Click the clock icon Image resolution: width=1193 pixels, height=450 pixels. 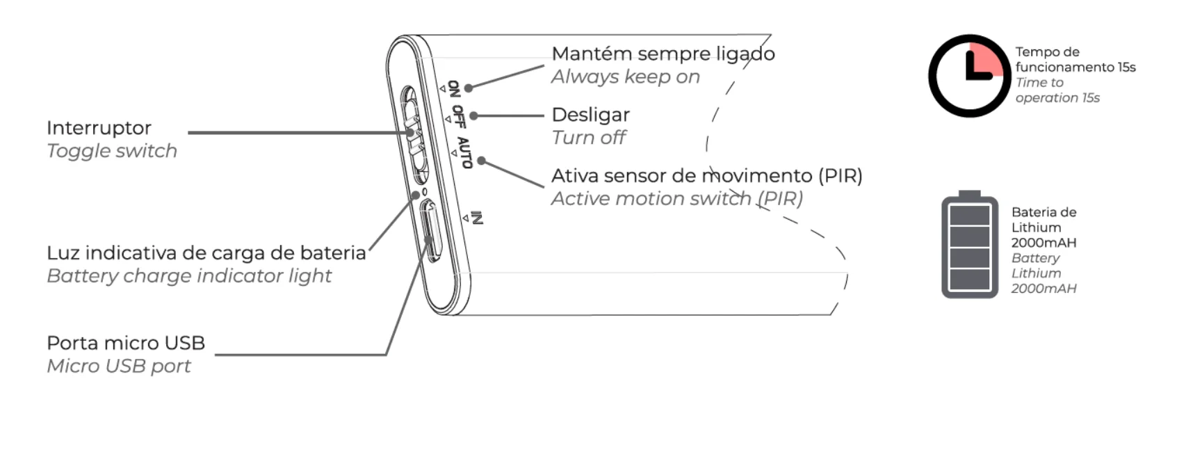point(969,76)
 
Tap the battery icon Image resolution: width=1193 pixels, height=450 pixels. point(969,246)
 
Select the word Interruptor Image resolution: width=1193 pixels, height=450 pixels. point(99,128)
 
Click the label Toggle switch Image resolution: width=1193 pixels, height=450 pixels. point(112,151)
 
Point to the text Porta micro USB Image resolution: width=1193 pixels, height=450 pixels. point(126,343)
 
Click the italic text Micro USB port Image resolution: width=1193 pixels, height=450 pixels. point(119,366)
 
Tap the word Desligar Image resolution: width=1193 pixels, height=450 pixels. point(590,115)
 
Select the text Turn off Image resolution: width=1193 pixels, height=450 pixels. point(589,138)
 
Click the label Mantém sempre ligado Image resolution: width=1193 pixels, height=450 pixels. point(663,54)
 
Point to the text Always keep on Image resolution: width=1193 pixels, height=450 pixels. point(625,77)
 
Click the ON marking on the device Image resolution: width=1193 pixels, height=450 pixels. point(453,88)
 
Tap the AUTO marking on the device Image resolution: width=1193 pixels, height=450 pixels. point(464,152)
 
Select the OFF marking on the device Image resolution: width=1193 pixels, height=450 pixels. point(458,116)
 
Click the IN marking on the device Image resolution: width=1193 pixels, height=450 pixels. point(476,218)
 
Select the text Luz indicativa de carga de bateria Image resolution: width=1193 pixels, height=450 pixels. point(206,252)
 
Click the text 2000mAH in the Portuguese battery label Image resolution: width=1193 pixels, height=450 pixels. point(1044,243)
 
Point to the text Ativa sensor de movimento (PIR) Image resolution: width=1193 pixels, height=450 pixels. point(706,175)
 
